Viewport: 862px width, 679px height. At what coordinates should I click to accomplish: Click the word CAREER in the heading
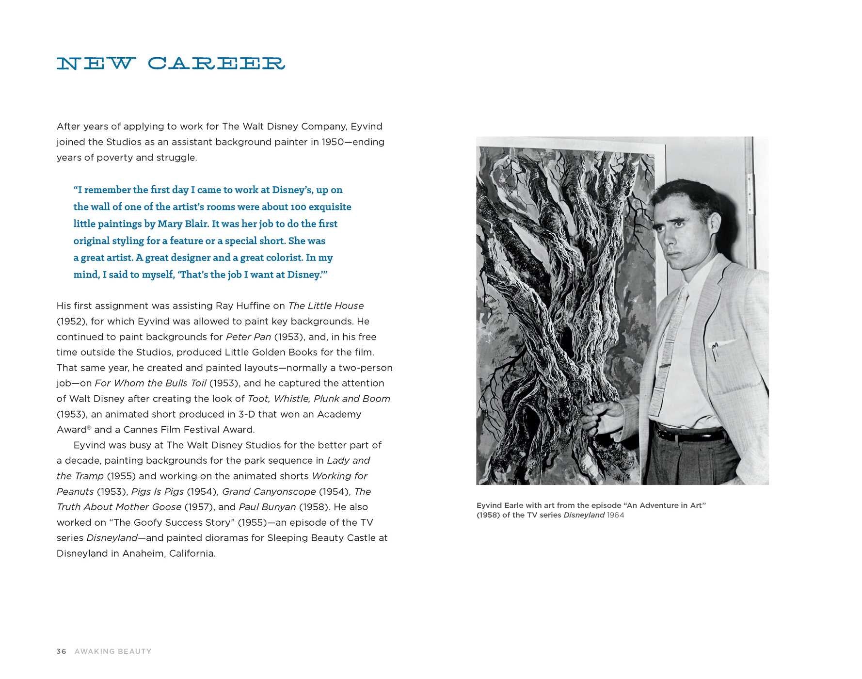(216, 64)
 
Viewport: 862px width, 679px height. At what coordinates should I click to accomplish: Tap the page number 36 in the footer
(61, 651)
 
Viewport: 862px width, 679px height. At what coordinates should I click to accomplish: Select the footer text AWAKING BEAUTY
(113, 651)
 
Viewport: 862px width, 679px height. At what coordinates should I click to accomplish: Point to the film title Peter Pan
(248, 337)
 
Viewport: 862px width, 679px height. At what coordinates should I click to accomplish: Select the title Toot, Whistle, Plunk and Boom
(319, 399)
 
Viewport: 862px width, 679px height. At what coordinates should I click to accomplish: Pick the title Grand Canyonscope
(269, 491)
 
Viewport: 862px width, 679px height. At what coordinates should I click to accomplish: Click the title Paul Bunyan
(267, 507)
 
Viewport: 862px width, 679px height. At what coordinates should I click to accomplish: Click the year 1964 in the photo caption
(615, 515)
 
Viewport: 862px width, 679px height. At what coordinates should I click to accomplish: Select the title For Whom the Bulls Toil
(151, 383)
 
